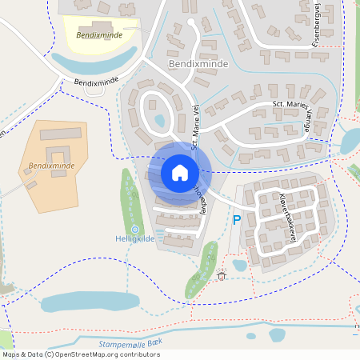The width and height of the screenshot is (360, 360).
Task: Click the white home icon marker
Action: [x=179, y=173]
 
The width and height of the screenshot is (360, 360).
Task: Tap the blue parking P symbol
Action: [x=236, y=220]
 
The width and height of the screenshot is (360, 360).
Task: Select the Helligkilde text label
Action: [x=134, y=239]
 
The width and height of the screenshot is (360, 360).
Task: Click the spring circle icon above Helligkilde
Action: [x=134, y=229]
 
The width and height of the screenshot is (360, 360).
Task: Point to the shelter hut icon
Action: [x=222, y=276]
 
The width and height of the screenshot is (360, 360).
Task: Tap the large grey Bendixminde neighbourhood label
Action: [x=198, y=63]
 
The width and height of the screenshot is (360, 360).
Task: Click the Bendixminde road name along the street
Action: [x=95, y=82]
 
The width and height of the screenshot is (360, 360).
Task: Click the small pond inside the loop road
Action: [x=159, y=121]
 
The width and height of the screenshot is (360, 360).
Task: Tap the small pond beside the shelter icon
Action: [x=239, y=266]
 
